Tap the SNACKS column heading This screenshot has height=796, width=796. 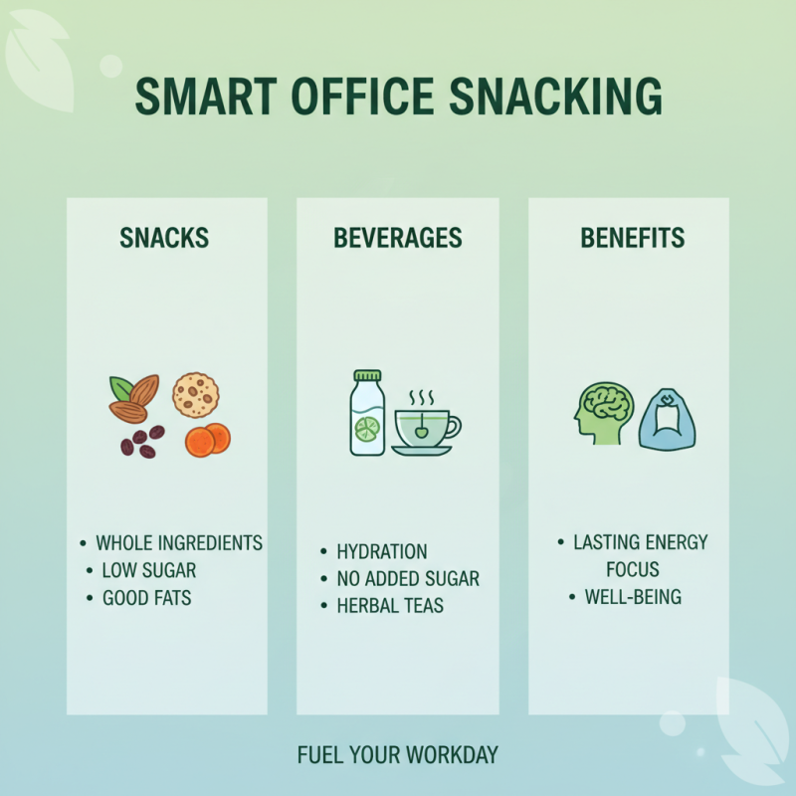(164, 239)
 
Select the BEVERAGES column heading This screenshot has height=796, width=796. (397, 239)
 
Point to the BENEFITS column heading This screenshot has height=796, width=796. (632, 239)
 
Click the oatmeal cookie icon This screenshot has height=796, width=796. (195, 395)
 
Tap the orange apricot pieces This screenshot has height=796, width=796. (207, 440)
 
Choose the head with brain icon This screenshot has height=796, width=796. (600, 415)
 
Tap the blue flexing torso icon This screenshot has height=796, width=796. (666, 418)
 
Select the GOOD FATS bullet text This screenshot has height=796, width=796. (146, 599)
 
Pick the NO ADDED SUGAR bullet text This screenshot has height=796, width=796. (408, 579)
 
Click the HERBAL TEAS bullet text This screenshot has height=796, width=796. (390, 606)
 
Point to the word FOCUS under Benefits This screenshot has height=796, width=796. (633, 570)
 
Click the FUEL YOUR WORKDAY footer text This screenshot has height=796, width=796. (397, 755)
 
